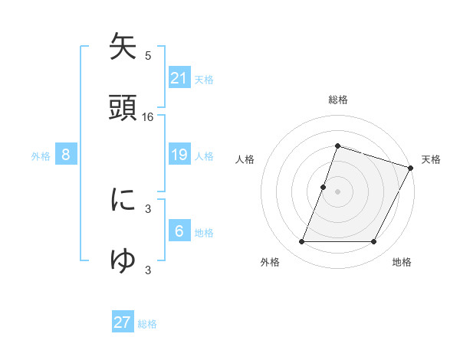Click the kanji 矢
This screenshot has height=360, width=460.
[123, 47]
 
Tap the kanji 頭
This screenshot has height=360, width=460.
[123, 106]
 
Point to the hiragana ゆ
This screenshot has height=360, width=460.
[123, 260]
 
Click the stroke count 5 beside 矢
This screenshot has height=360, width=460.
[148, 56]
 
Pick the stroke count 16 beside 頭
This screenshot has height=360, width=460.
[148, 117]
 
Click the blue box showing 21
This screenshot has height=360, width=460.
[179, 78]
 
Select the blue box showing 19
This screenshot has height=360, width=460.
[179, 155]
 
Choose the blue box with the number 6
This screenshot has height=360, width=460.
[179, 231]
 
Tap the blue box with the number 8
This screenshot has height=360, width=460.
[66, 155]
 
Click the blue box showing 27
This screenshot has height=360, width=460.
[123, 322]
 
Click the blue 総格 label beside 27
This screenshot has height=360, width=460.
[147, 324]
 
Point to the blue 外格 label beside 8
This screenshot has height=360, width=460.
[41, 156]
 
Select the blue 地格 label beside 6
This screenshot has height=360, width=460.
[204, 233]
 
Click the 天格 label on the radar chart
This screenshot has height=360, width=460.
[431, 159]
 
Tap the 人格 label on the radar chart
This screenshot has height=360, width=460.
[245, 159]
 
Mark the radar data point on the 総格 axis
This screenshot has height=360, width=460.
[337, 146]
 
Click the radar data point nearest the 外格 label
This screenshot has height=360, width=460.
[301, 242]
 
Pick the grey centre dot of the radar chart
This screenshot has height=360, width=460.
[337, 191]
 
